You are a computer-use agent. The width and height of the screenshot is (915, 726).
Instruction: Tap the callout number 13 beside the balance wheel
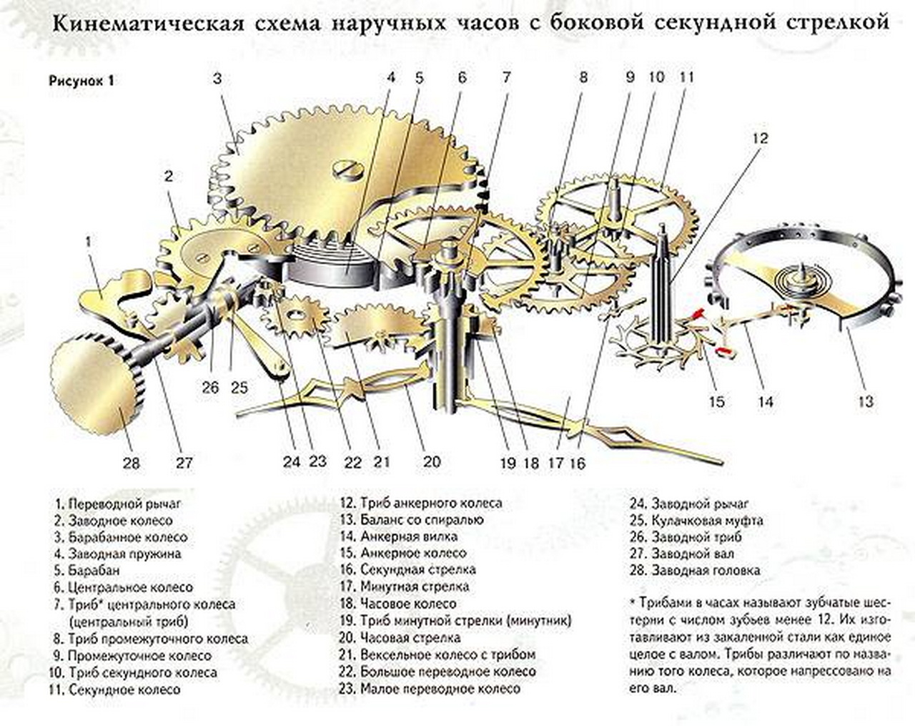point(866,402)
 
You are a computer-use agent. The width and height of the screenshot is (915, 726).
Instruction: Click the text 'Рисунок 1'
point(81,80)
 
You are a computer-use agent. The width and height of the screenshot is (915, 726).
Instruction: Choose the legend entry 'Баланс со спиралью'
point(412,519)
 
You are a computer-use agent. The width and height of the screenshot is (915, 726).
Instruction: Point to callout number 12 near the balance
point(760,137)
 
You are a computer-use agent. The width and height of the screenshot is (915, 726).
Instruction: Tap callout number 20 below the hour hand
point(432,461)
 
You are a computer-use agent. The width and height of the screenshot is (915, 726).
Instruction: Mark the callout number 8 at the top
point(583,77)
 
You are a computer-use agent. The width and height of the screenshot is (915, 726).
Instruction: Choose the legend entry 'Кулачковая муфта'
point(697,520)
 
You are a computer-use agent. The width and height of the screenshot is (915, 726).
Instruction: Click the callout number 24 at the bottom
point(291,461)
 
